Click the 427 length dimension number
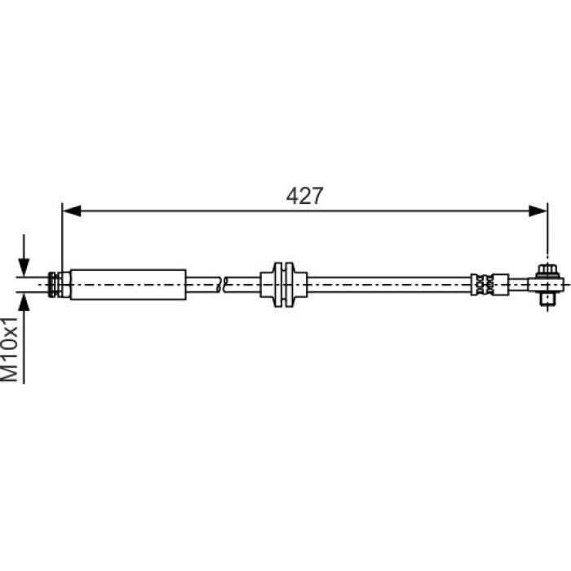tap(304, 196)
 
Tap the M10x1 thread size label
tap(10, 349)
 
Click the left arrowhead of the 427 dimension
tap(72, 210)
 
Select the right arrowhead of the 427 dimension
tap(538, 210)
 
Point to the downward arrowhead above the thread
tap(24, 267)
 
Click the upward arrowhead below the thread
tap(24, 302)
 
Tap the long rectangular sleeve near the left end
tap(128, 285)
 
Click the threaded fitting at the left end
tap(60, 285)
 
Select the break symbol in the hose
tap(221, 285)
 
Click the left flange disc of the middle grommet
tap(278, 285)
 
